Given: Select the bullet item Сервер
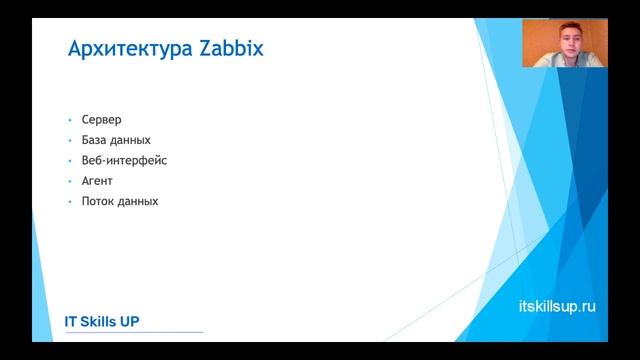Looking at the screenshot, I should (x=101, y=120).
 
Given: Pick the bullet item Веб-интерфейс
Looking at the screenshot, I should (x=124, y=161).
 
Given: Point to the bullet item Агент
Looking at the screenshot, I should (x=97, y=181).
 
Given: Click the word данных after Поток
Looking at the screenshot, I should (x=138, y=201).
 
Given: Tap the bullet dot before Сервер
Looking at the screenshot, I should (x=70, y=120).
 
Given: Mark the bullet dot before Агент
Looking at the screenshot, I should (x=70, y=182).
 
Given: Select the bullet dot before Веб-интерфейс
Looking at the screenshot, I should (x=70, y=161).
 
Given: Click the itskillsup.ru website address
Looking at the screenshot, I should (x=558, y=306).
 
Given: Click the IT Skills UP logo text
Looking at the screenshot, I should (x=102, y=321).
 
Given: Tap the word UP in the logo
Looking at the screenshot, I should (x=129, y=321).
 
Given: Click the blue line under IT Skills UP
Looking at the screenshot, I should (x=134, y=332).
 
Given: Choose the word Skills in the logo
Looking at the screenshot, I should (x=98, y=321).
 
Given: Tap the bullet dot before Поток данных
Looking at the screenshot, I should (x=70, y=202).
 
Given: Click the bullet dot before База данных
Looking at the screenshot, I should (x=70, y=141).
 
